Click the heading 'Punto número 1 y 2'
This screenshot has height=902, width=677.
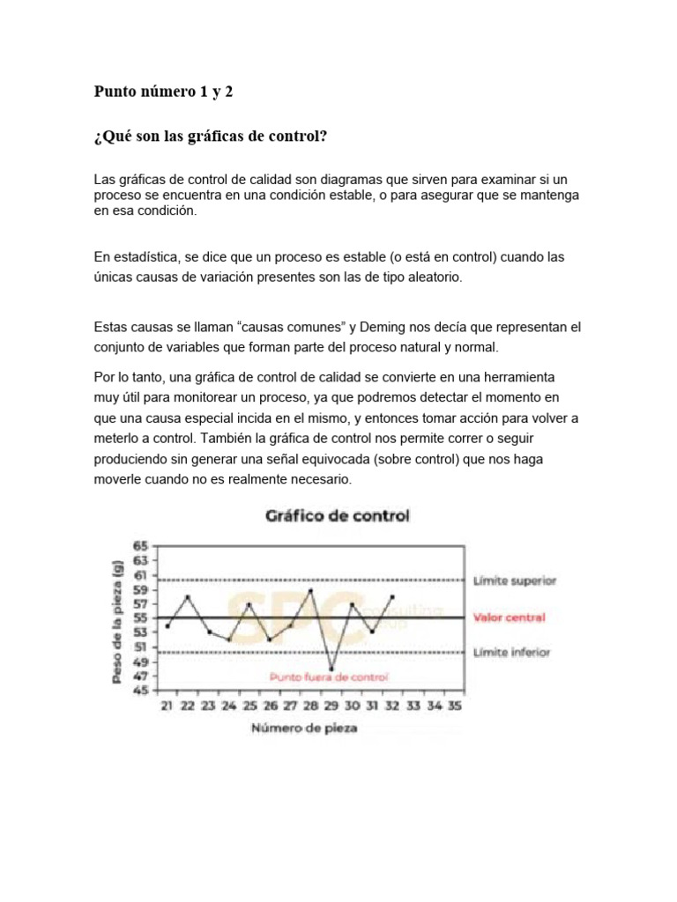(x=163, y=92)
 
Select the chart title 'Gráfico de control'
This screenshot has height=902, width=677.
(x=338, y=516)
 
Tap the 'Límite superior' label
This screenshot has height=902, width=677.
(x=514, y=580)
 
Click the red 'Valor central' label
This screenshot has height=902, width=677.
(x=509, y=617)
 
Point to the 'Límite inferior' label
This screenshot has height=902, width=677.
(x=511, y=653)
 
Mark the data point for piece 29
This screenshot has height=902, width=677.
(x=331, y=669)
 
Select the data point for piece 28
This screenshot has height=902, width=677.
(x=311, y=590)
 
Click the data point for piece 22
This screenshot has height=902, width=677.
(x=188, y=597)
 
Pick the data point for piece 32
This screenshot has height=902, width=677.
(x=392, y=597)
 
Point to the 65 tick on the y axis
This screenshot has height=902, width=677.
(x=141, y=546)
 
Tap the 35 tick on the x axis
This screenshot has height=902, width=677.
(x=455, y=706)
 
